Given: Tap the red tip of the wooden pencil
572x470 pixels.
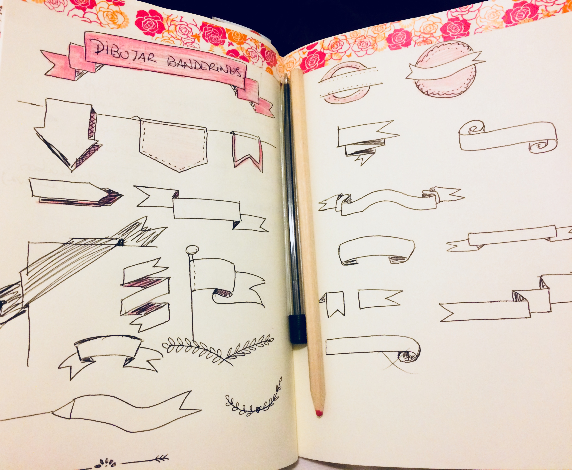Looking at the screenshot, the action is point(319,413).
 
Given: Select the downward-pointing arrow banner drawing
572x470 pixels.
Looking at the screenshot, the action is point(68,134).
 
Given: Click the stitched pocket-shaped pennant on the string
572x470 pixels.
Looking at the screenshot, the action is point(173,145).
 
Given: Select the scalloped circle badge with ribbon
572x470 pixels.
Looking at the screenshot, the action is point(444,73).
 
